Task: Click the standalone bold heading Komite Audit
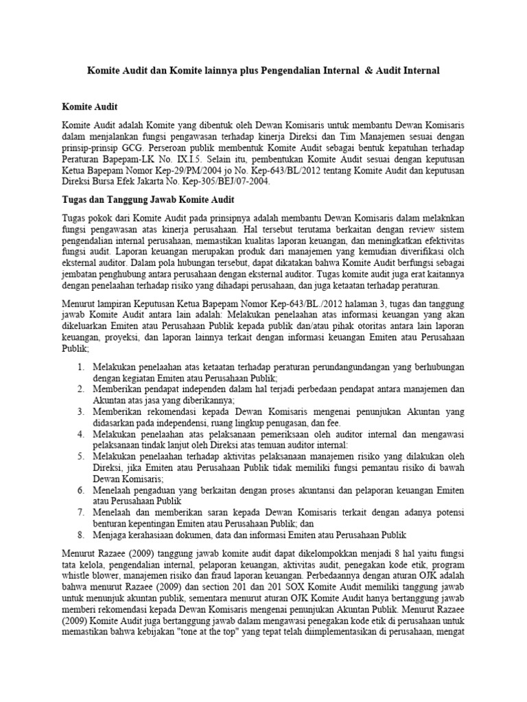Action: click(90, 107)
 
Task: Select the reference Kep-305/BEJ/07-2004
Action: click(226, 182)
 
